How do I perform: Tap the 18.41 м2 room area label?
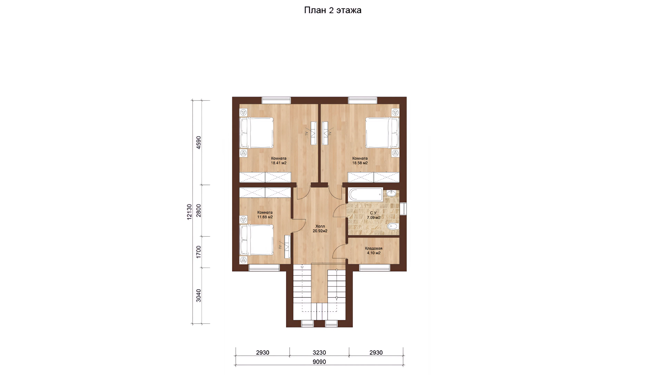click(x=279, y=163)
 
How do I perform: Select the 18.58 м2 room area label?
click(x=360, y=163)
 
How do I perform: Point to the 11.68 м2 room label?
click(x=265, y=217)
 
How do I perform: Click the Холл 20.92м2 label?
click(x=320, y=228)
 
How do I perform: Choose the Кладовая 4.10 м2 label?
click(x=374, y=251)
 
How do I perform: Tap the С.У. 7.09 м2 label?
click(x=374, y=215)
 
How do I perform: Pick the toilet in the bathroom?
click(x=393, y=226)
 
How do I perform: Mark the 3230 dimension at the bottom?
click(x=319, y=352)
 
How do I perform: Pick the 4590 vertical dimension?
click(x=199, y=142)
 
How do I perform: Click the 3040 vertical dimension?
click(x=199, y=295)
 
